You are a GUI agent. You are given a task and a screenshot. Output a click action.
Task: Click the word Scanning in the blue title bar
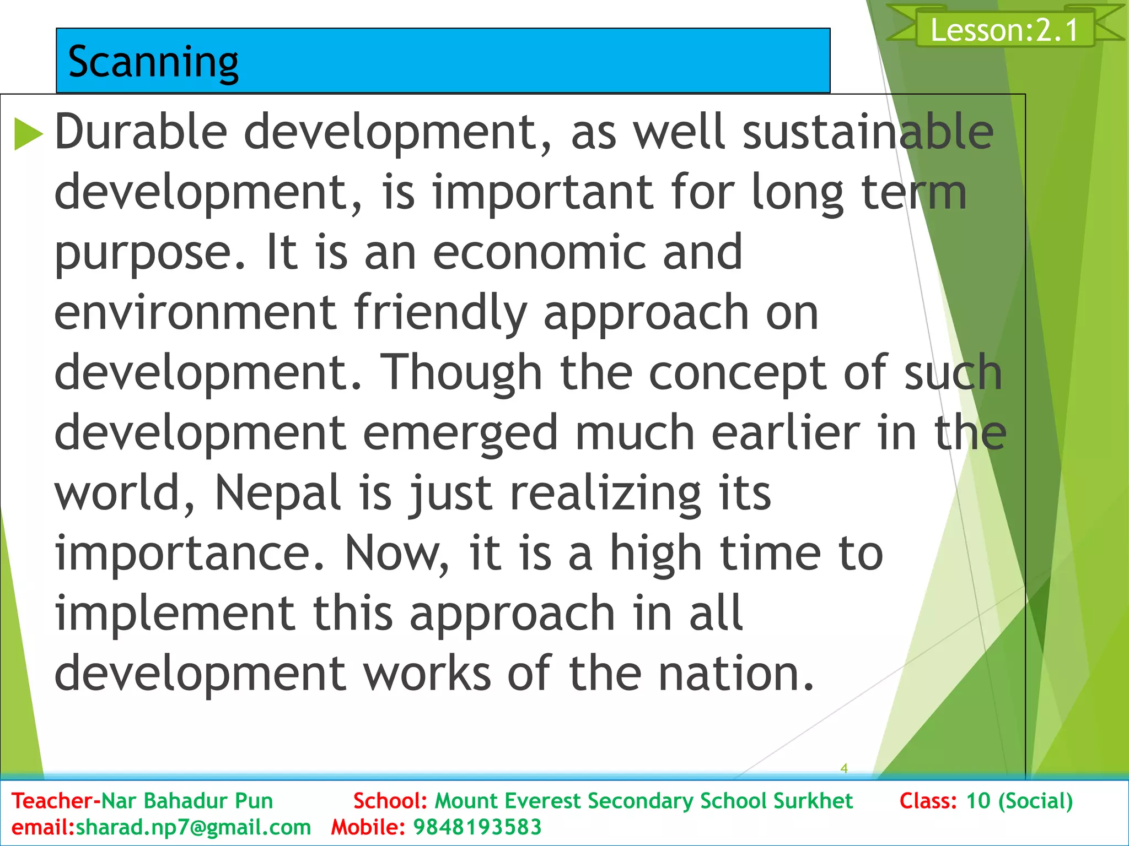[153, 62]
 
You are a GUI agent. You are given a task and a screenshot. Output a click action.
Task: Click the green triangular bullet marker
[28, 134]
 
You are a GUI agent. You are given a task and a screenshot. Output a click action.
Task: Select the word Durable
[141, 132]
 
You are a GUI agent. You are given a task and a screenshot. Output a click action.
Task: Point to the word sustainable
[868, 132]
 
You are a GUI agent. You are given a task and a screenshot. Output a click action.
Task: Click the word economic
[539, 252]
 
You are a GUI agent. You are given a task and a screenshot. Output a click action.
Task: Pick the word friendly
[440, 312]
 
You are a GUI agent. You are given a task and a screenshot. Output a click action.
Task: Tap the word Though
[461, 372]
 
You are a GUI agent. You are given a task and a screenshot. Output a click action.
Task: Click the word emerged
[460, 433]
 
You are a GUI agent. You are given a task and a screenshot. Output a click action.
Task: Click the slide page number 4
[843, 768]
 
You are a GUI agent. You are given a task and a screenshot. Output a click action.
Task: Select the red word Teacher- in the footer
[56, 801]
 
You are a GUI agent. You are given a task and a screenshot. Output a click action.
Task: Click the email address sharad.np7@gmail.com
[193, 827]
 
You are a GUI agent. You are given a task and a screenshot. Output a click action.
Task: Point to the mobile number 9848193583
[477, 827]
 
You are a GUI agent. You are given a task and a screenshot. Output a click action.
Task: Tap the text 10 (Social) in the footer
[1019, 801]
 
